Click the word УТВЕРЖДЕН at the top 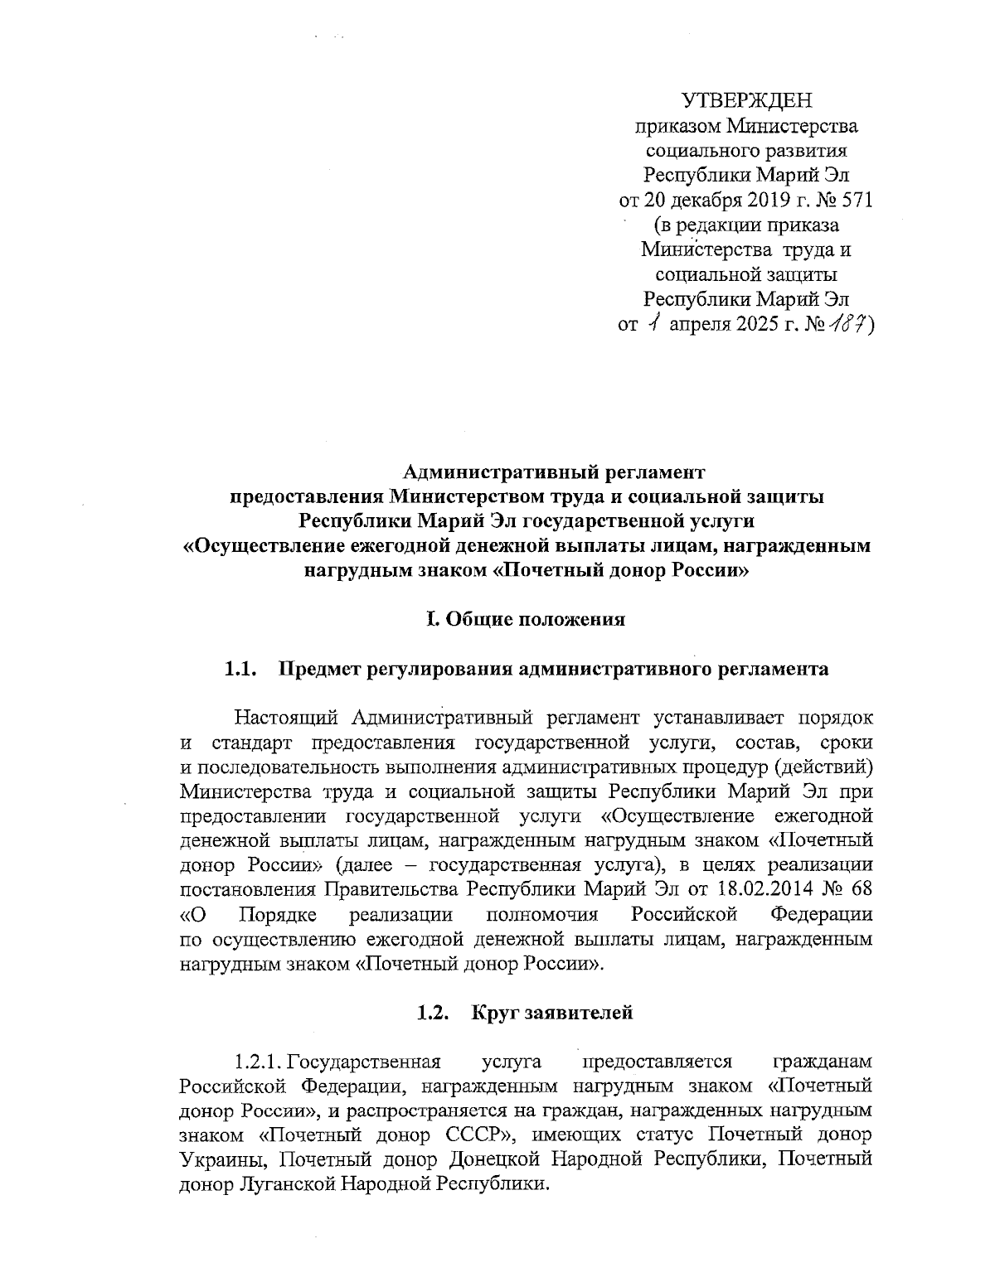(x=747, y=102)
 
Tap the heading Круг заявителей (x=552, y=1012)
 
